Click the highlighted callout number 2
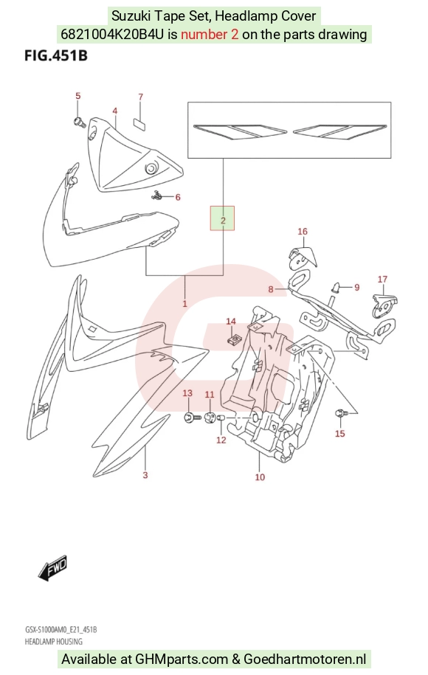pos(223,221)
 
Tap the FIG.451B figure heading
pos(56,55)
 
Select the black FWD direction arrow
pos(52,567)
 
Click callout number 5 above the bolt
pos(78,96)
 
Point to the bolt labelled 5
pos(79,122)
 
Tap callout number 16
pos(303,231)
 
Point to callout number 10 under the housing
pos(260,477)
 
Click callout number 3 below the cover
pos(145,475)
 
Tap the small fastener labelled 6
pos(156,196)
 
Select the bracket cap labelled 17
pos(384,302)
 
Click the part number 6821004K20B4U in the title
pos(112,34)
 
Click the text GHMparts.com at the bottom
pos(182,659)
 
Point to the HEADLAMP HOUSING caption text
pos(53,641)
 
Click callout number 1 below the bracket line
pos(184,303)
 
